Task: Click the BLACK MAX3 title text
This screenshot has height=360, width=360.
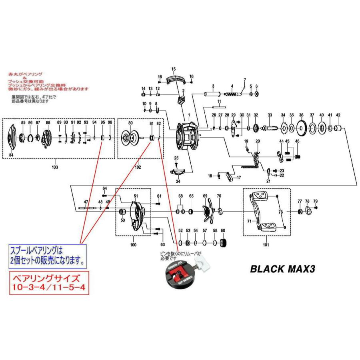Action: [x=282, y=268]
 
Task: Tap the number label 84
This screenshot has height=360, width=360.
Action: [x=11, y=155]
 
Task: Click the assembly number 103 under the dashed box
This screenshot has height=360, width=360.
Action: [x=54, y=167]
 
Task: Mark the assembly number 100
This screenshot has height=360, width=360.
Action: [x=133, y=244]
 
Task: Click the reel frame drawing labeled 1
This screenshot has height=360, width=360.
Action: [x=188, y=136]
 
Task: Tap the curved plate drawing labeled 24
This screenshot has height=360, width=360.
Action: [x=177, y=172]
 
